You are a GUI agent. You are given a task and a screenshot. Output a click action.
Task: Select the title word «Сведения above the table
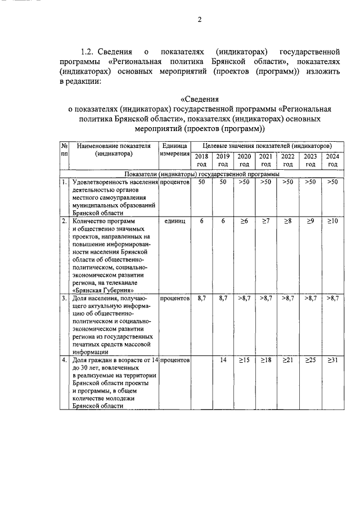click(x=198, y=99)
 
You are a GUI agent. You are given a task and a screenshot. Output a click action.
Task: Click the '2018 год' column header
click(x=201, y=160)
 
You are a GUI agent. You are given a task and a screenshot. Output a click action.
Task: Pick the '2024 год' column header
click(x=332, y=160)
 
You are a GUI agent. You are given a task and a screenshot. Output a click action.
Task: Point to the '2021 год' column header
click(x=266, y=160)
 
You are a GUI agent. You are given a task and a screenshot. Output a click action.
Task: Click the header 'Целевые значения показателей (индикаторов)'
click(x=267, y=146)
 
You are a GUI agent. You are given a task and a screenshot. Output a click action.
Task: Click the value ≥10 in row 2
click(x=332, y=222)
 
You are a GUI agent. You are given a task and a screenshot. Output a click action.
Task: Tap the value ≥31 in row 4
click(x=332, y=359)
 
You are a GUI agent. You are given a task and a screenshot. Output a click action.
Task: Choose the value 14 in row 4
click(x=223, y=359)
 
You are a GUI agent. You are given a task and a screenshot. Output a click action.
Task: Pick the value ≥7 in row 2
click(x=266, y=222)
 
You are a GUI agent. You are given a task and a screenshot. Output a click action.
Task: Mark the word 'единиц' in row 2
click(x=175, y=222)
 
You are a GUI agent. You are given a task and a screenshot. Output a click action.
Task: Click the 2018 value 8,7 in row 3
click(x=201, y=298)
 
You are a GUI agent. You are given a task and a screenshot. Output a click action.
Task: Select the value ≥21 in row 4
click(x=288, y=359)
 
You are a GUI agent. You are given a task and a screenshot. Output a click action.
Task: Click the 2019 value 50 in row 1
click(x=223, y=182)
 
